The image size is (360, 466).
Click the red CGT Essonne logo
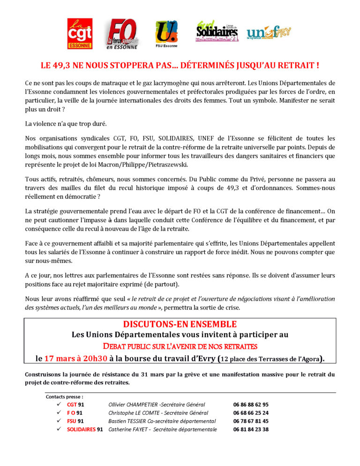point(80,33)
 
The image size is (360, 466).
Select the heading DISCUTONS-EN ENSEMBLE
point(180,324)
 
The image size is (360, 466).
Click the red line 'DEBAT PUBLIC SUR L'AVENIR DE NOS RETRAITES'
point(180,346)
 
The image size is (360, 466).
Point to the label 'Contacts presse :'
point(65,397)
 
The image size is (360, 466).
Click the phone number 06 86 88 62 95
point(251,405)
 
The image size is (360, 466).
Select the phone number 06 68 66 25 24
point(251,413)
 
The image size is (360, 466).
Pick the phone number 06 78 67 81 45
point(251,421)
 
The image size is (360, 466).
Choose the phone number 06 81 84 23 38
point(251,429)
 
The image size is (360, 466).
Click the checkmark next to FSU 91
point(59,421)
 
